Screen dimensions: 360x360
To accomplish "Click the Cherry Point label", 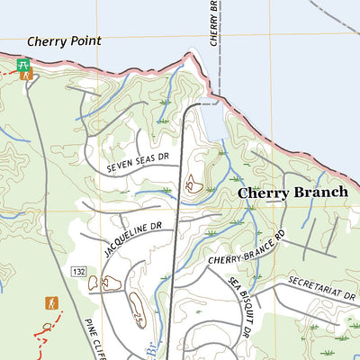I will [64, 40].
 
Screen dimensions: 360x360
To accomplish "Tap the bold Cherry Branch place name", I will [292, 193].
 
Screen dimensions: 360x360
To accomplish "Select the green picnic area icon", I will [24, 65].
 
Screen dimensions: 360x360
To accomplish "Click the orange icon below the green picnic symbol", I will [26, 76].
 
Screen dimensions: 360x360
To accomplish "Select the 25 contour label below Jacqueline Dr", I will [138, 319].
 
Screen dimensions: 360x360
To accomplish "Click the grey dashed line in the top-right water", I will [333, 13].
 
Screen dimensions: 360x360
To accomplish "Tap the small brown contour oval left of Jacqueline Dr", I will [93, 283].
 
